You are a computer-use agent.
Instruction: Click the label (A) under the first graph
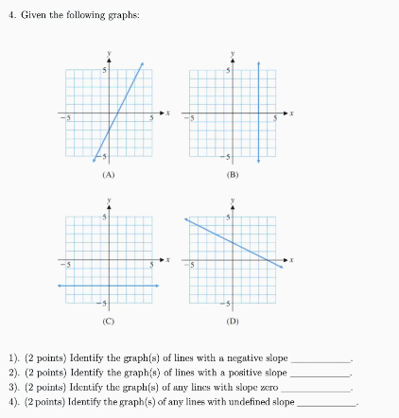coord(109,175)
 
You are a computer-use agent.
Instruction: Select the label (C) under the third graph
coord(109,322)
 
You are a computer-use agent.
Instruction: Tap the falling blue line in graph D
coord(232,241)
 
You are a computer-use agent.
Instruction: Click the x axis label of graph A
coord(166,113)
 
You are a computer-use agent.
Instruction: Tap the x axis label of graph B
coord(291,113)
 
